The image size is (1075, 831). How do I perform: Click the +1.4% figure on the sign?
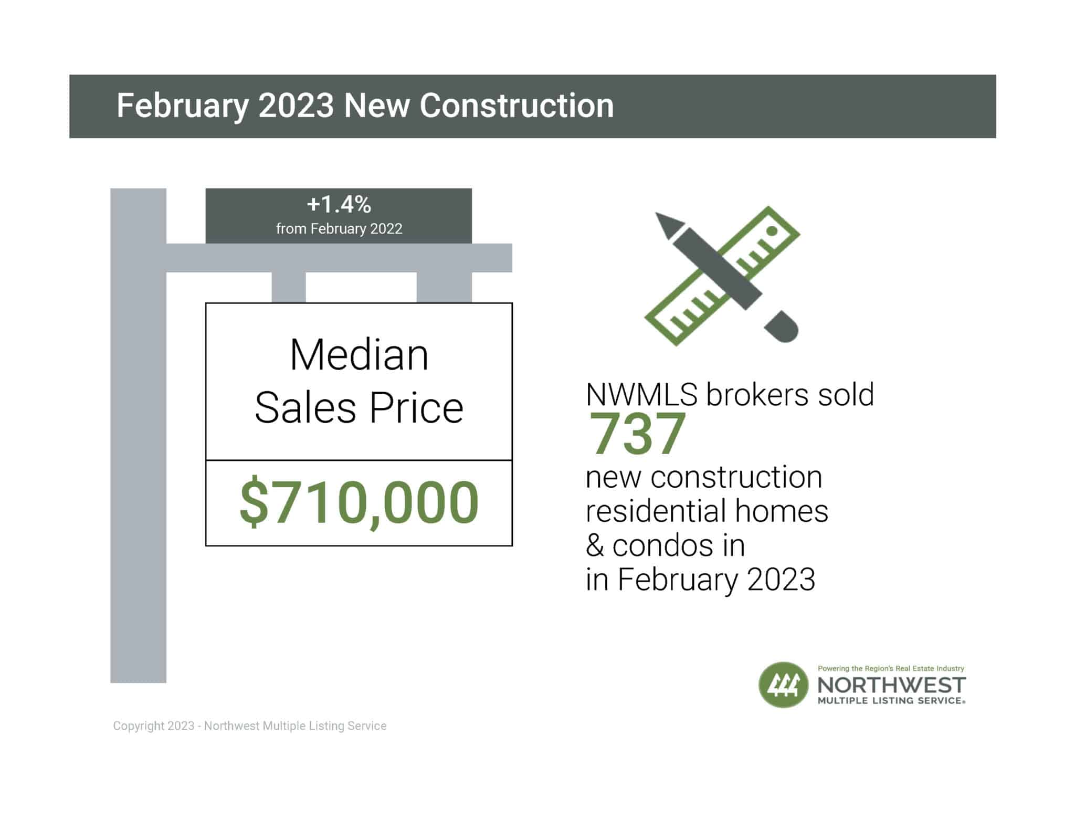(x=339, y=204)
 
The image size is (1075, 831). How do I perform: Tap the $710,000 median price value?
(x=359, y=502)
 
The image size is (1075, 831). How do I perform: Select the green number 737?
(x=637, y=434)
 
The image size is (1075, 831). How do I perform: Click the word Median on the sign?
(x=359, y=355)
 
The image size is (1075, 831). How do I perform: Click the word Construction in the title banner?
(x=517, y=106)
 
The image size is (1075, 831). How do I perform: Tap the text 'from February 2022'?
(x=339, y=229)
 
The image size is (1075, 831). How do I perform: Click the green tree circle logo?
(x=783, y=685)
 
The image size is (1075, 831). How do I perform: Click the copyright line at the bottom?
(x=250, y=726)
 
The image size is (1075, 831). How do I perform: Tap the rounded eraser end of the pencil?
(x=784, y=328)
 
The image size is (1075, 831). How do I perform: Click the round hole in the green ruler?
(x=772, y=231)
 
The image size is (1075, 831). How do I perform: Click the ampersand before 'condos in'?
(x=595, y=546)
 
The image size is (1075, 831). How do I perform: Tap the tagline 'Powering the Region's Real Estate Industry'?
(x=891, y=668)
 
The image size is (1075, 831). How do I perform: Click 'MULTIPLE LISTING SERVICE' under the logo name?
(x=891, y=701)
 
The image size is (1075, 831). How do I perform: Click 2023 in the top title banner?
(x=296, y=106)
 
